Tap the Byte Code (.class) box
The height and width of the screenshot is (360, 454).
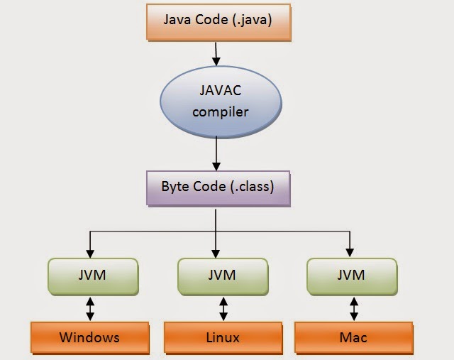coord(218,188)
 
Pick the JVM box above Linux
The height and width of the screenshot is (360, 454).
coord(223,275)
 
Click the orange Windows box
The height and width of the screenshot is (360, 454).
coord(89,337)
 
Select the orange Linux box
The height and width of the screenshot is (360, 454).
coord(223,337)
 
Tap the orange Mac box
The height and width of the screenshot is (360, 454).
coord(353,337)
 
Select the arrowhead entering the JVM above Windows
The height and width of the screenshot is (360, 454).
coord(89,252)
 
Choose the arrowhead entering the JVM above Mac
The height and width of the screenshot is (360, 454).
coord(349,252)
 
